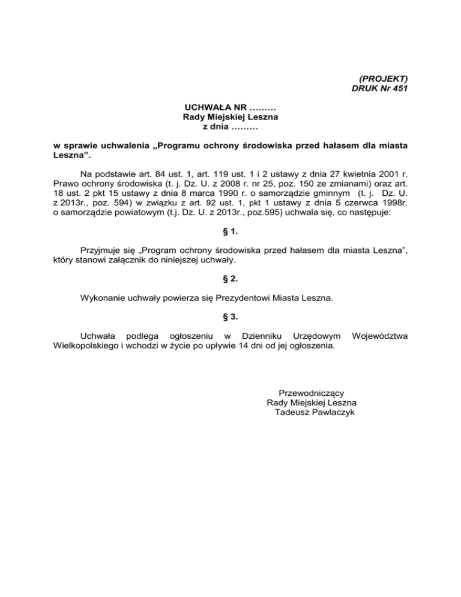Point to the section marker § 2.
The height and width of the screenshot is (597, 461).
pos(230,278)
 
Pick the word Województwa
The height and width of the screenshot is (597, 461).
pos(380,336)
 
